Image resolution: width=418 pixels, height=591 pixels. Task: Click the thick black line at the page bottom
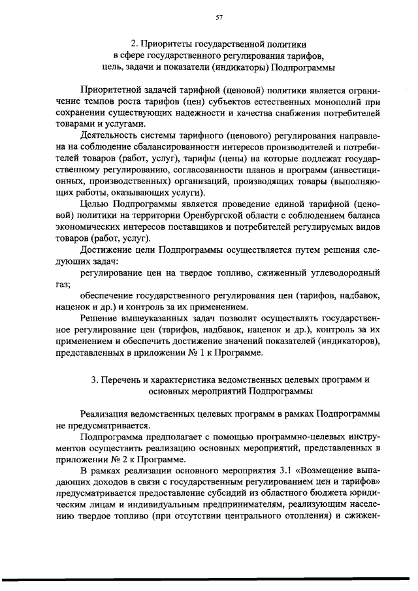pyautogui.click(x=209, y=577)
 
